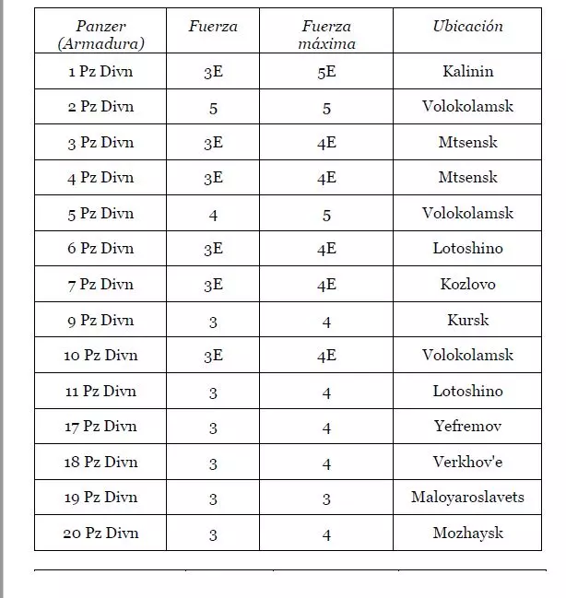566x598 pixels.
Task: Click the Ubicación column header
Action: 467,27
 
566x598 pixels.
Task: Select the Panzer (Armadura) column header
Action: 100,35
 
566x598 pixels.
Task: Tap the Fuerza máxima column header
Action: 326,35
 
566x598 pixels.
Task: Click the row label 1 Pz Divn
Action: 100,71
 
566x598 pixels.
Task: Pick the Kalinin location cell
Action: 467,71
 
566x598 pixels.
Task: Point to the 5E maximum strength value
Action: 326,72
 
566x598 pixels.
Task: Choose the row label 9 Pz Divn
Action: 100,320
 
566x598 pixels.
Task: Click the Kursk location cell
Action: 467,320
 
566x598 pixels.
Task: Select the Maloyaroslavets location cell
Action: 467,497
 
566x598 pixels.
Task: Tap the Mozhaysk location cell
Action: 467,533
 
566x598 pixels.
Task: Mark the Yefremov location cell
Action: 467,426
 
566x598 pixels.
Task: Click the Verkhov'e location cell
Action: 467,462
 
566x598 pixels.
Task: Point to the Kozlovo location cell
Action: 467,284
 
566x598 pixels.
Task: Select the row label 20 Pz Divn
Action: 100,533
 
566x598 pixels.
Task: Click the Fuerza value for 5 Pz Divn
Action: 213,214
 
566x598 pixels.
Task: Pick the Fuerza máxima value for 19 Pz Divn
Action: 326,498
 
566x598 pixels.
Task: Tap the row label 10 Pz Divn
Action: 100,355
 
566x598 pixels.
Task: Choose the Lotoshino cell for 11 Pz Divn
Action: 467,391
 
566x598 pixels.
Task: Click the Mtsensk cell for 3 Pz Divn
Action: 467,142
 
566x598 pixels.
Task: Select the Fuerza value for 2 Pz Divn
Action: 213,107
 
